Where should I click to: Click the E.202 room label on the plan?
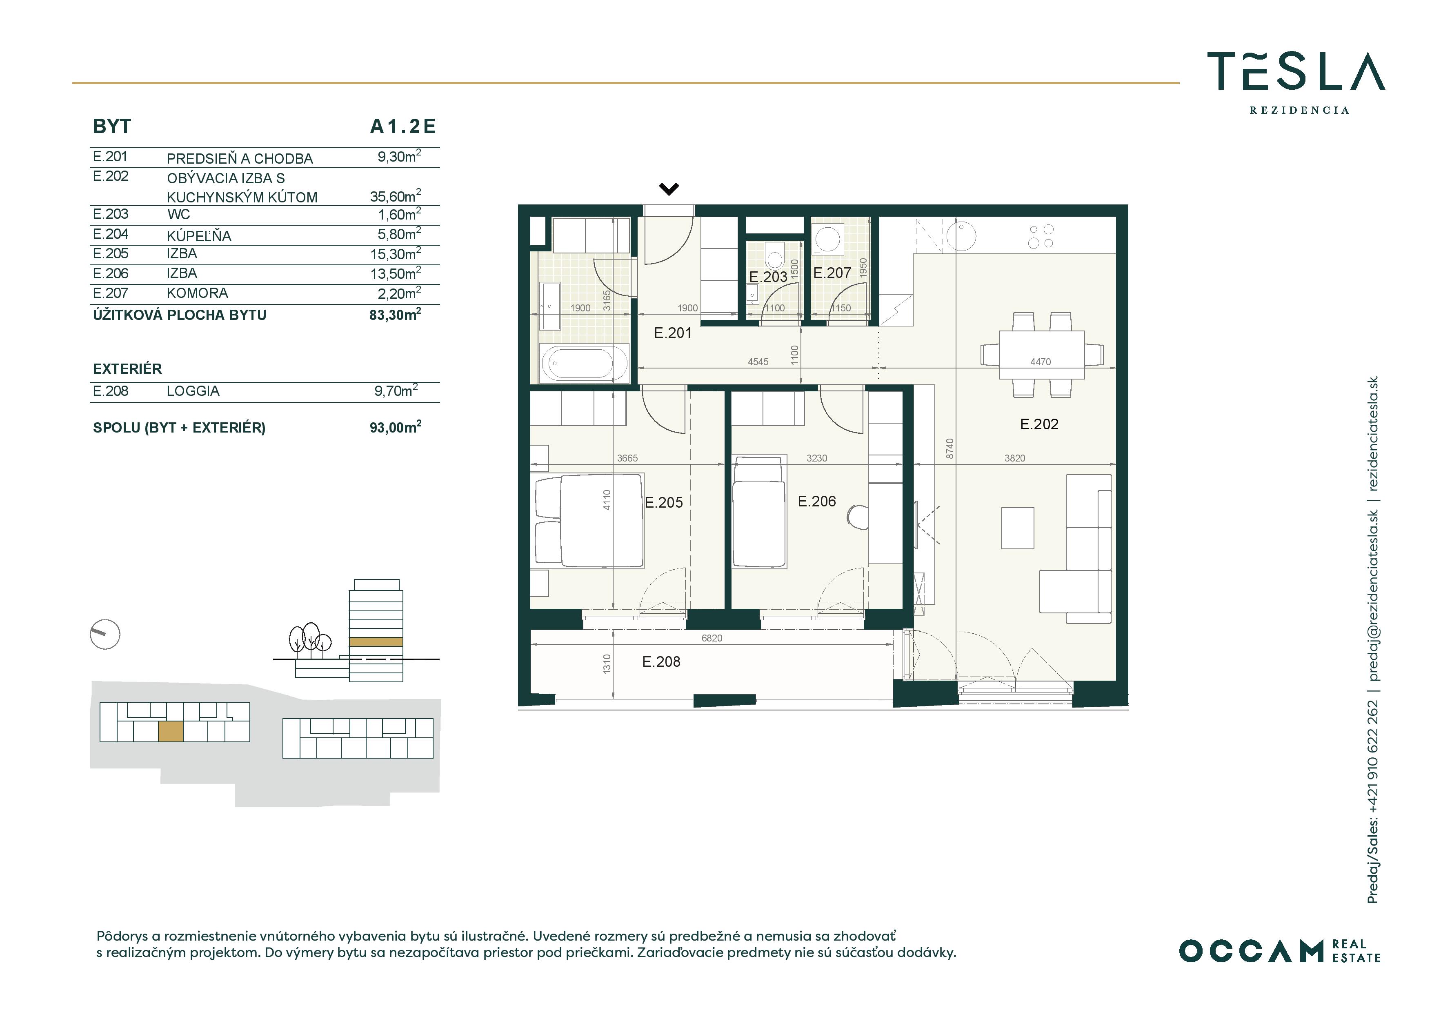point(1039,425)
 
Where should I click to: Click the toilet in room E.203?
point(775,255)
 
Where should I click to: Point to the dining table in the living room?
point(1042,354)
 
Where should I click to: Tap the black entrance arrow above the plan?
point(669,188)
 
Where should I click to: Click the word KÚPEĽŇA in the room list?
point(199,236)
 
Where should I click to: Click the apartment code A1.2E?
point(403,126)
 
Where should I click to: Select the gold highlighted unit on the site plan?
point(170,731)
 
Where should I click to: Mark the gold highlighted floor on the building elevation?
point(376,641)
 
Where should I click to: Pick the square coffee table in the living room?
point(1017,528)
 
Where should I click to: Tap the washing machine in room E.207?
point(827,239)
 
